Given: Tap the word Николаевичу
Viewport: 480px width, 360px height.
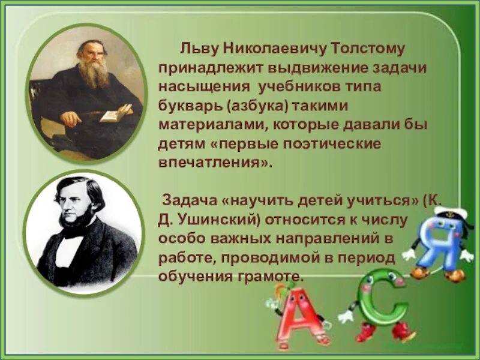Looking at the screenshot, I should pos(267,47).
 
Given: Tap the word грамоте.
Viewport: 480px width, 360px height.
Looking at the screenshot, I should pos(266,277).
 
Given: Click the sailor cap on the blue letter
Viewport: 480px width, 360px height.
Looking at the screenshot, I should pos(446,215).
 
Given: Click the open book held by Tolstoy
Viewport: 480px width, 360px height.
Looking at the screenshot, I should pos(115,112).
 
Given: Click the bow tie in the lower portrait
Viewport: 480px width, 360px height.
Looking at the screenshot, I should pos(73,232).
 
